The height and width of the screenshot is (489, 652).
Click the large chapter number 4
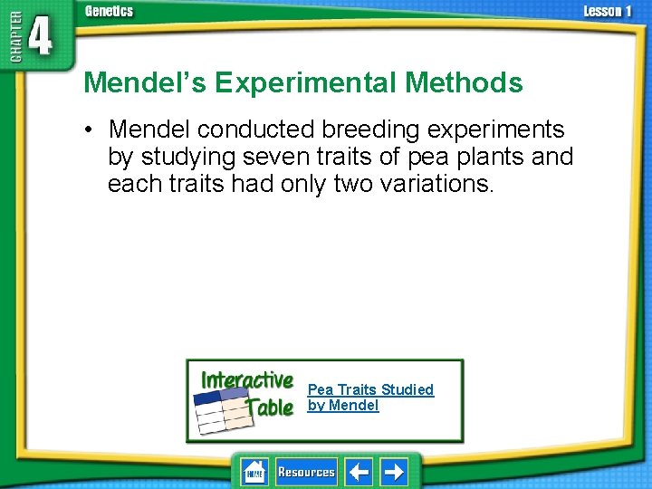click(x=40, y=40)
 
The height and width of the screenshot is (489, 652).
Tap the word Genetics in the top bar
click(x=108, y=11)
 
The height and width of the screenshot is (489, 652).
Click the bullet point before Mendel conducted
click(x=92, y=129)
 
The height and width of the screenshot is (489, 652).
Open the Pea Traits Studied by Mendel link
click(x=370, y=397)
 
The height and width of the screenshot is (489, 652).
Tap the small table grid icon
click(x=223, y=412)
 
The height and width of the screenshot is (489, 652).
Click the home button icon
click(x=254, y=472)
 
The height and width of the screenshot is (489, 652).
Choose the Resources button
click(x=306, y=472)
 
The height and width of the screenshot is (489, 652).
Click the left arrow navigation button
click(x=360, y=472)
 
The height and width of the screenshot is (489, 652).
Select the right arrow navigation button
click(x=394, y=472)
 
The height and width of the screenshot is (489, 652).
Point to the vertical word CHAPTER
click(x=12, y=40)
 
